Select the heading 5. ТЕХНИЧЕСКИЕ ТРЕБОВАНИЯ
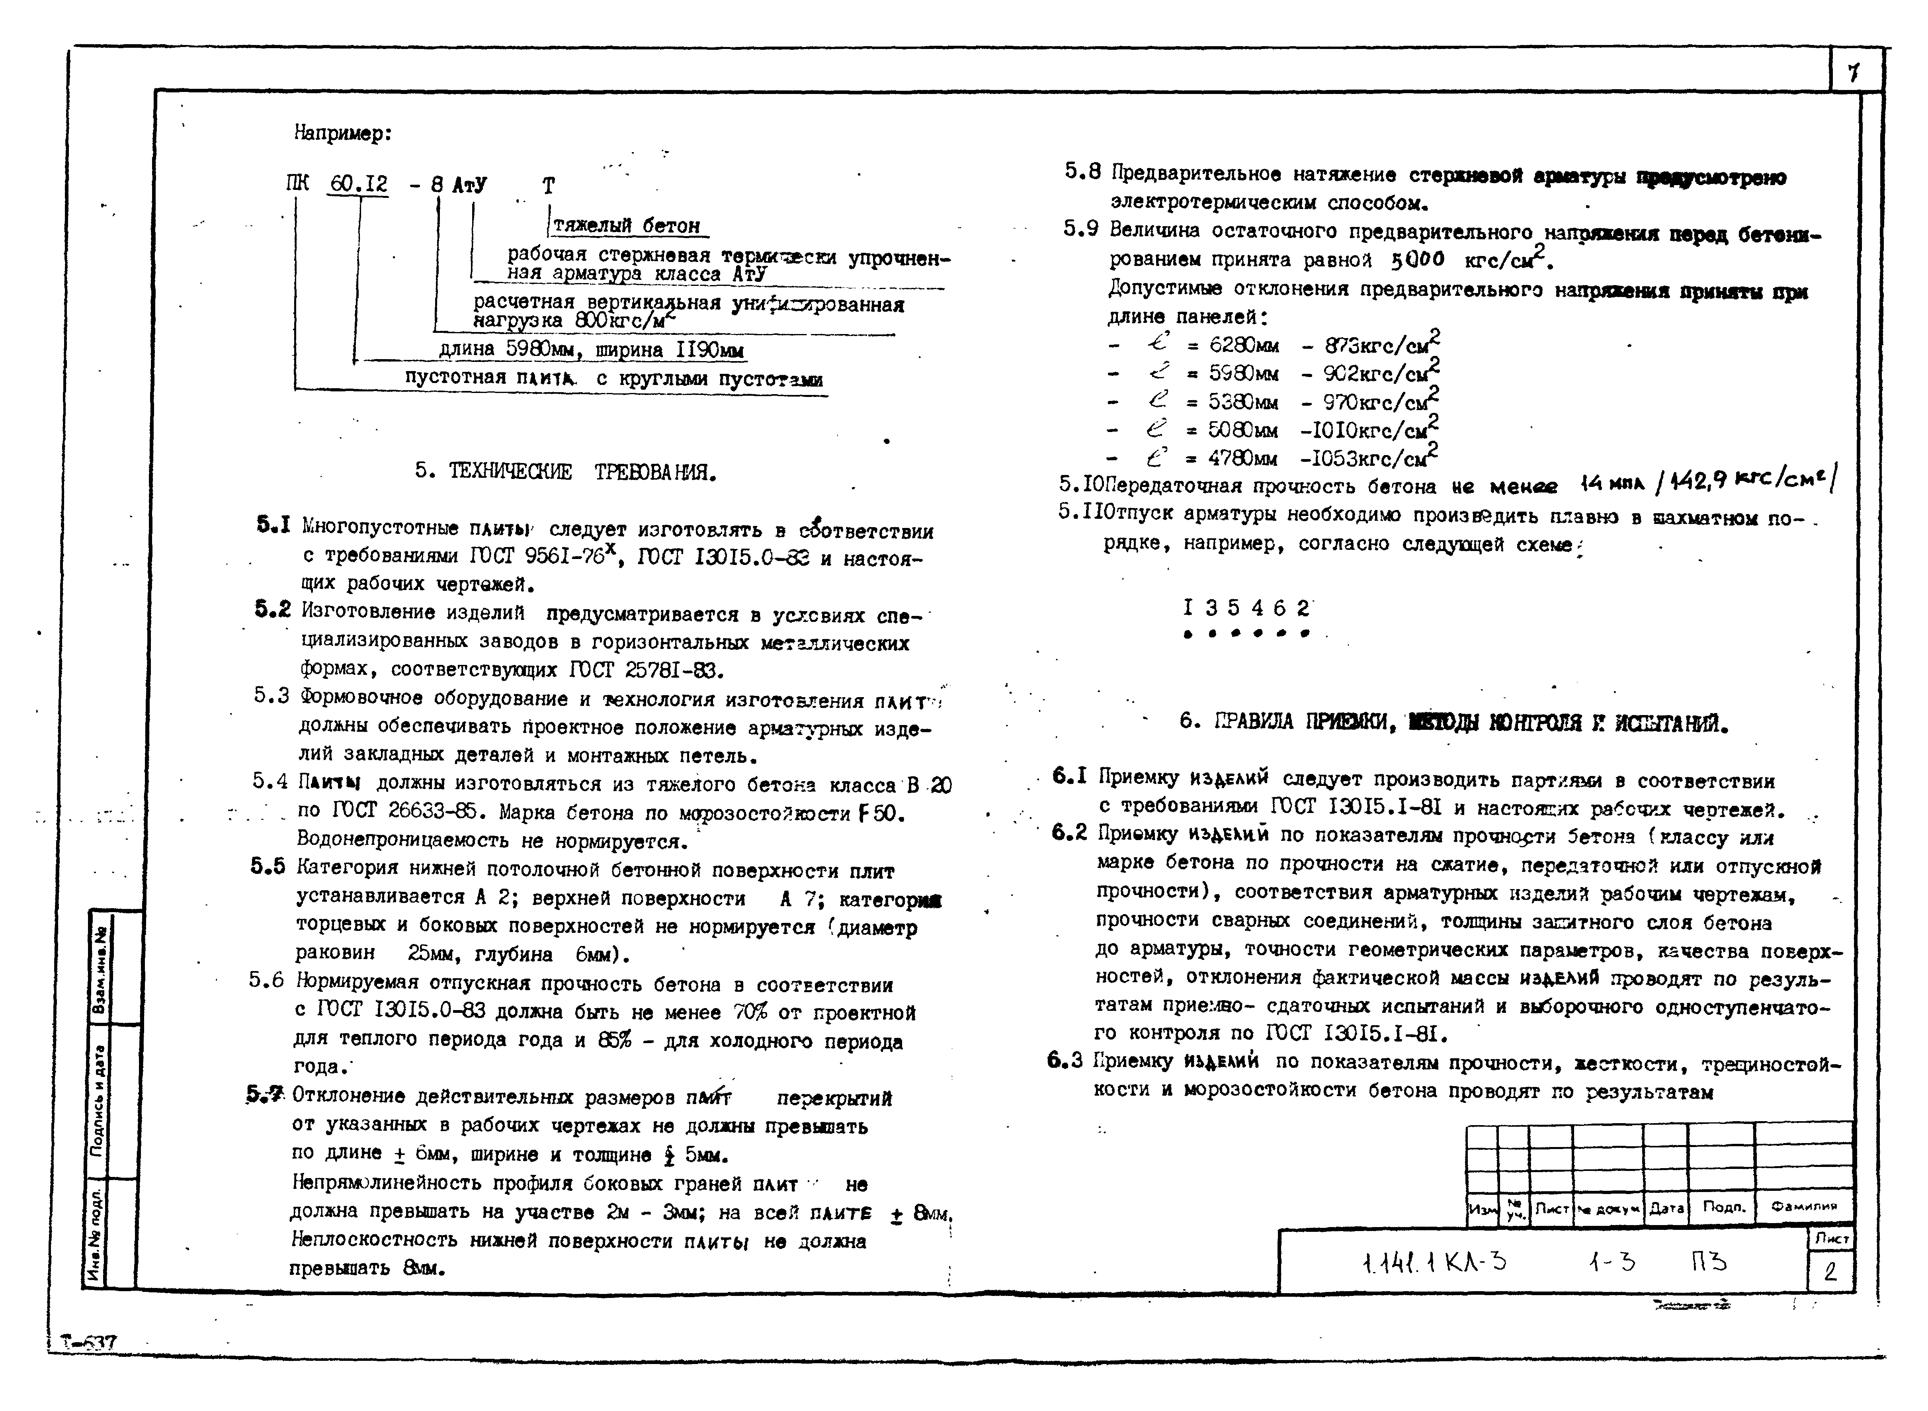(x=565, y=471)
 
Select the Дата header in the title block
(x=1665, y=1208)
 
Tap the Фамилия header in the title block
(x=1803, y=1208)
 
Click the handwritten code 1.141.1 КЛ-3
(x=1434, y=1262)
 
